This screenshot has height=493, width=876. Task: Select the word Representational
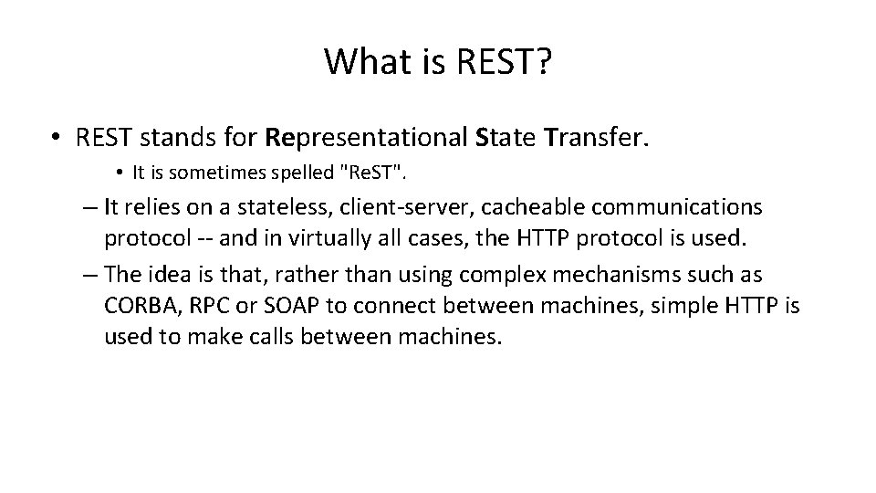pos(367,139)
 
